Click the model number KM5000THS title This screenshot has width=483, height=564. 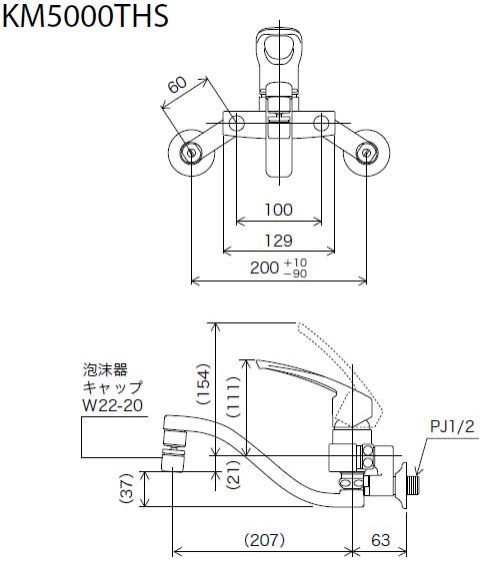(x=84, y=17)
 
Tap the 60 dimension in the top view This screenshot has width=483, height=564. (x=176, y=87)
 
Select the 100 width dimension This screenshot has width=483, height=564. (x=280, y=210)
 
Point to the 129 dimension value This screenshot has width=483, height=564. (x=280, y=240)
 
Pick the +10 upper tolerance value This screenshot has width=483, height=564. (x=295, y=263)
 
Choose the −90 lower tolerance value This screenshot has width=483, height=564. (x=295, y=275)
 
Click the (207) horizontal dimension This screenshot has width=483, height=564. (x=264, y=540)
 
